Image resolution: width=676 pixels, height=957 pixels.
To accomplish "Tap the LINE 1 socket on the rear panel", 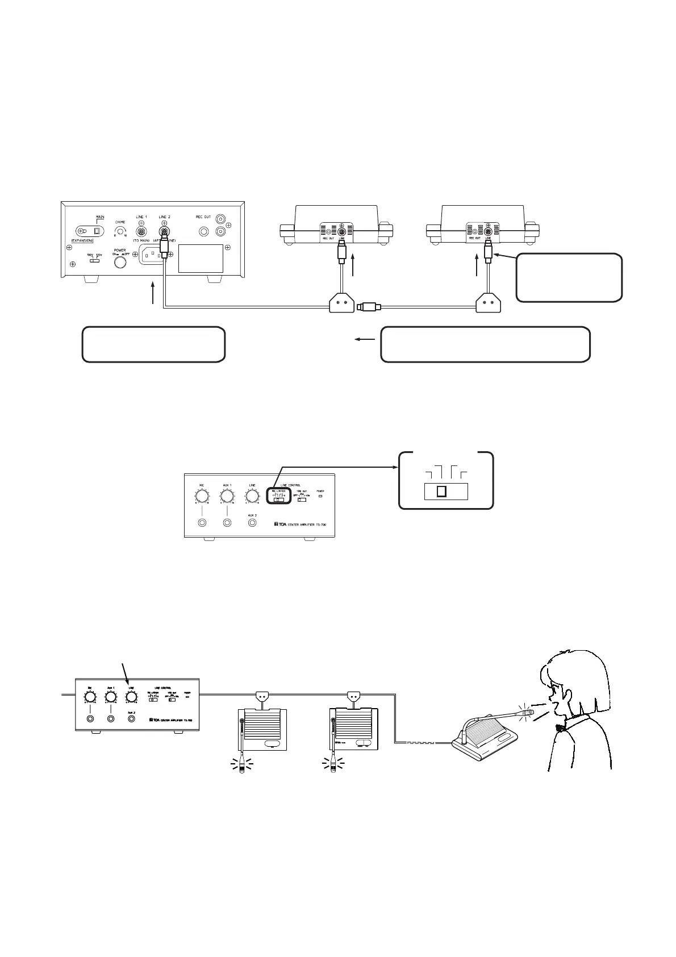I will [141, 232].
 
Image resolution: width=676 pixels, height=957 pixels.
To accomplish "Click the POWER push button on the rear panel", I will [120, 263].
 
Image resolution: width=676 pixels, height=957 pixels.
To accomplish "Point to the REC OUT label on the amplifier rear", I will [203, 217].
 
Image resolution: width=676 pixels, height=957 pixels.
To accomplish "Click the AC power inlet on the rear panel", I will [153, 257].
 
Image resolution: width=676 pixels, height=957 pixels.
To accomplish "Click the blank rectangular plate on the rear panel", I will [201, 259].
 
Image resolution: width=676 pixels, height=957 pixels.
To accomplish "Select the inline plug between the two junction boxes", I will [369, 307].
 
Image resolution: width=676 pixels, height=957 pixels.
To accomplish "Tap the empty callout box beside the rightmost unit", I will [569, 277].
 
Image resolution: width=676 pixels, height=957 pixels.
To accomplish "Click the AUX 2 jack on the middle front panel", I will [252, 523].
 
